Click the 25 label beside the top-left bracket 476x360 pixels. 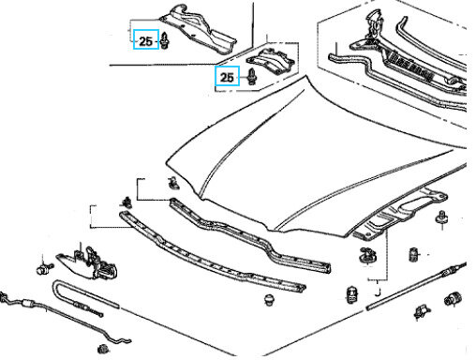click(145, 41)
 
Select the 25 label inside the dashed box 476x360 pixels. click(227, 77)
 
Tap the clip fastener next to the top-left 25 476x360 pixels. click(165, 41)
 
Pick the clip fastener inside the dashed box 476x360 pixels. click(251, 77)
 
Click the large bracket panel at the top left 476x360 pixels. click(200, 31)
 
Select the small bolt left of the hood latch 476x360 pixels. click(44, 269)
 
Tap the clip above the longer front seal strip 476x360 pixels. click(126, 202)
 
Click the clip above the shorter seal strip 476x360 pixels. click(173, 183)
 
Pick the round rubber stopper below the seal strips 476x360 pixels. click(270, 300)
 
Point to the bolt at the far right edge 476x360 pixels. click(441, 217)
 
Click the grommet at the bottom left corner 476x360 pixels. click(103, 349)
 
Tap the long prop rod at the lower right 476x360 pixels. click(416, 286)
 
